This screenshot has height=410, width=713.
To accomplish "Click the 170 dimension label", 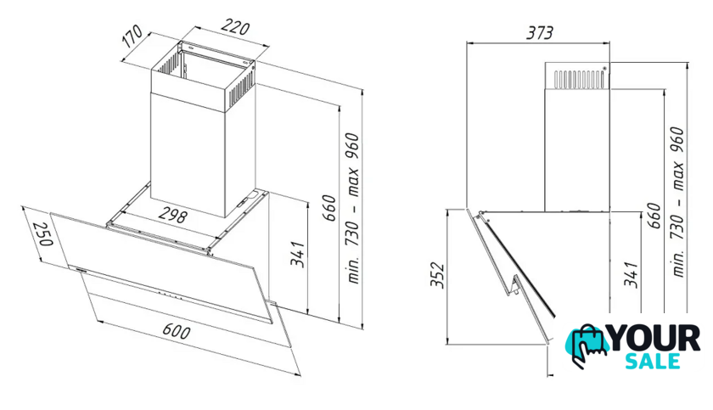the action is (132, 37).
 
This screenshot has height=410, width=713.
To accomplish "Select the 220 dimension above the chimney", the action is (235, 27).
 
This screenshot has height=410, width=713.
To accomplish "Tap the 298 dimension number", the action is (172, 216).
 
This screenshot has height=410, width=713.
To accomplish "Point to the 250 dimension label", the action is (43, 233).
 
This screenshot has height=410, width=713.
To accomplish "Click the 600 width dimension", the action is (176, 331).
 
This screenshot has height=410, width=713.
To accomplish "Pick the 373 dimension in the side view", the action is (540, 33).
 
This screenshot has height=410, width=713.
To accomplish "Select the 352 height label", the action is (437, 274).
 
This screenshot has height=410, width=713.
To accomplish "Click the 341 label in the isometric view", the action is (297, 255).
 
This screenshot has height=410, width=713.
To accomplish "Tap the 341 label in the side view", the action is (632, 274).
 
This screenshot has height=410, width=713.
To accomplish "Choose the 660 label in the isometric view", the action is (329, 208).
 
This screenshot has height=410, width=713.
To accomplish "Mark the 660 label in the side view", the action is (654, 216).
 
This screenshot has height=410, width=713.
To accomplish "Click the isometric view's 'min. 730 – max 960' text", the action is (353, 208).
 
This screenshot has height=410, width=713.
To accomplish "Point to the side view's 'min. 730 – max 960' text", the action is (677, 202).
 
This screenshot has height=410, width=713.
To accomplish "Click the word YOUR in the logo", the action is (654, 338).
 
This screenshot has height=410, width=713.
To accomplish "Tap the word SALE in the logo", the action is (653, 361).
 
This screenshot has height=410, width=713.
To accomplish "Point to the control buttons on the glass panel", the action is (171, 296).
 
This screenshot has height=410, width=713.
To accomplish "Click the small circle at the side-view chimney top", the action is (604, 69).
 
